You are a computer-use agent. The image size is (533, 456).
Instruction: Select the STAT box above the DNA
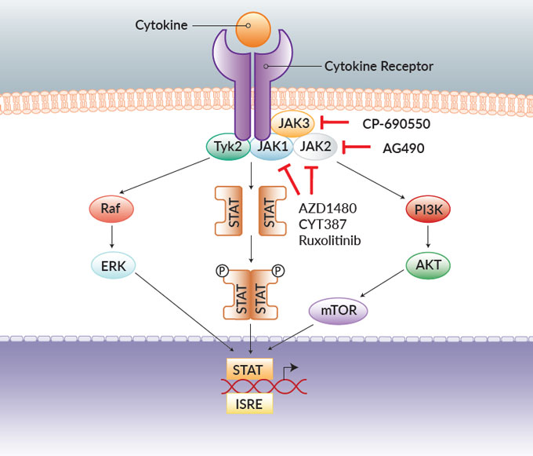[250, 367]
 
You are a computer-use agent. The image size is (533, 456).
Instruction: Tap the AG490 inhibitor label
[404, 147]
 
